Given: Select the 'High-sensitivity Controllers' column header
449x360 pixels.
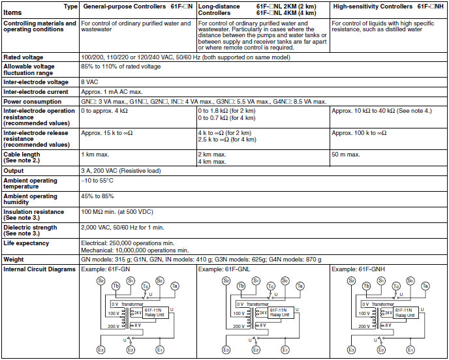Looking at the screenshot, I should pyautogui.click(x=372, y=6).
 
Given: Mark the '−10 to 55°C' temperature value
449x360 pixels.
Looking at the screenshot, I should pyautogui.click(x=98, y=179).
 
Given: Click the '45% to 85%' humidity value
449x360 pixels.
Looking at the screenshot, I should pyautogui.click(x=98, y=196).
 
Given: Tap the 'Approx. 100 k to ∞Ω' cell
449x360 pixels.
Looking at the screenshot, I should pyautogui.click(x=362, y=133).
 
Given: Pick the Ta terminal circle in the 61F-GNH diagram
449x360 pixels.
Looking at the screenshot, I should pyautogui.click(x=426, y=286).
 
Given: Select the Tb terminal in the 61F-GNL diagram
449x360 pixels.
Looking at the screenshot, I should pyautogui.click(x=241, y=286).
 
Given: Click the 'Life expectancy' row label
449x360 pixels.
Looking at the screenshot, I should pyautogui.click(x=25, y=243).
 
